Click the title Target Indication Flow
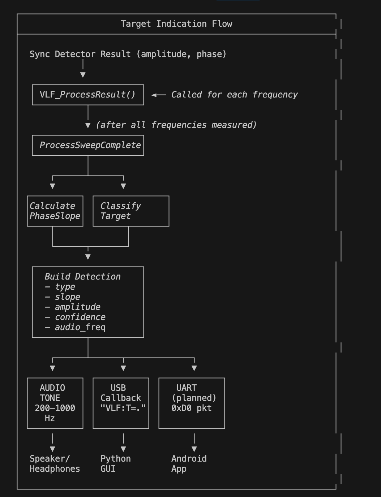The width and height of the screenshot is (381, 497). (176, 24)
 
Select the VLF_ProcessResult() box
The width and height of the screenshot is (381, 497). (88, 95)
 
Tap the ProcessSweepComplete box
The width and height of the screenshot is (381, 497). (88, 145)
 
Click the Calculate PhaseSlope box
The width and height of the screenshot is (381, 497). (55, 211)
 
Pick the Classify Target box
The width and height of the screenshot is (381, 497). (131, 211)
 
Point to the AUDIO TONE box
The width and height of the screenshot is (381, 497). (55, 403)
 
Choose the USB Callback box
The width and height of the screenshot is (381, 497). (121, 403)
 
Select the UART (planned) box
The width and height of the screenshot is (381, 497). (192, 403)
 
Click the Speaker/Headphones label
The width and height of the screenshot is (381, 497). (55, 464)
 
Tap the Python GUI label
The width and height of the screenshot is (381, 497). (115, 464)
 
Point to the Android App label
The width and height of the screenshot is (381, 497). (189, 464)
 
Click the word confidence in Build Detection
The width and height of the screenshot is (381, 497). (80, 317)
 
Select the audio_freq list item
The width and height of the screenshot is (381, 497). (80, 327)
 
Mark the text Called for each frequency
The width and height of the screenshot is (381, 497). (234, 95)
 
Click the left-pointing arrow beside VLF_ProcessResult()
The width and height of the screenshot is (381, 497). (158, 95)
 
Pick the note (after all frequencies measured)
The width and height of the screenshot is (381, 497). (176, 125)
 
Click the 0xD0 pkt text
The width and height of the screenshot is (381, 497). (191, 408)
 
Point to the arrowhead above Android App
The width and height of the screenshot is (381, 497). (194, 449)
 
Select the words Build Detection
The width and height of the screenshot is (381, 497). (82, 277)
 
